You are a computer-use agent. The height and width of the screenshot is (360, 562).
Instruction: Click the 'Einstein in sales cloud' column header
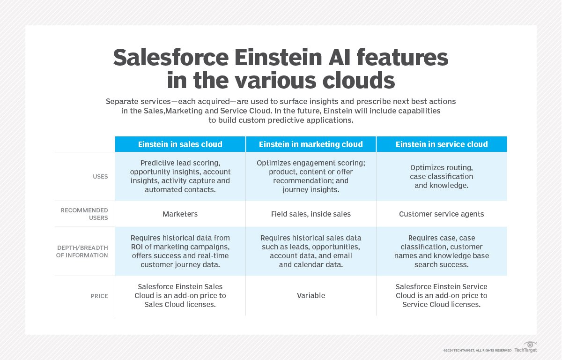(180, 144)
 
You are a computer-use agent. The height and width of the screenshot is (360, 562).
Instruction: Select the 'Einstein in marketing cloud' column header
(311, 144)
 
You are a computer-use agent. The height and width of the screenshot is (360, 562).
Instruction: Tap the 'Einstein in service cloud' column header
(441, 144)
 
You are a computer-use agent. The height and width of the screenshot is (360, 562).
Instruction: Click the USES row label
(100, 177)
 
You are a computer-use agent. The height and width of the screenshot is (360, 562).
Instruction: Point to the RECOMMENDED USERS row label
(84, 214)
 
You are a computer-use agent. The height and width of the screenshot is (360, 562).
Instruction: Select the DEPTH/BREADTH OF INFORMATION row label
(82, 251)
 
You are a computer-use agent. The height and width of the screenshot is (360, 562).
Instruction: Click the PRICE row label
(99, 296)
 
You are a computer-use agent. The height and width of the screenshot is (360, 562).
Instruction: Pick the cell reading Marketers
(180, 214)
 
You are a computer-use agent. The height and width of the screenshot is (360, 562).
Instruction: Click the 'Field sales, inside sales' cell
(311, 214)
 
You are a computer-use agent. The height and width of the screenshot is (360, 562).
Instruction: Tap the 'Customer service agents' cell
(441, 214)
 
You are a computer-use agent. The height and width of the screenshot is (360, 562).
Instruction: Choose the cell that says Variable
(311, 296)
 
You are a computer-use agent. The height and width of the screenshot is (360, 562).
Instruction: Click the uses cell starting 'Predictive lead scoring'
(180, 177)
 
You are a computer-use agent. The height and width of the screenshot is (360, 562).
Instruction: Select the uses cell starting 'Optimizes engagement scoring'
(311, 177)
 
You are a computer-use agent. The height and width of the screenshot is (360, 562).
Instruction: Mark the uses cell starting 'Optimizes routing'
(441, 177)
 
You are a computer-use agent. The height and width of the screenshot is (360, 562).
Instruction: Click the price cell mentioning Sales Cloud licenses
(180, 296)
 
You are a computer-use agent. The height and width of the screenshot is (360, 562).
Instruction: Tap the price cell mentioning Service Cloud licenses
(441, 296)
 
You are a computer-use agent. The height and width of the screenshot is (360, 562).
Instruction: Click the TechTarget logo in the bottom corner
(525, 348)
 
